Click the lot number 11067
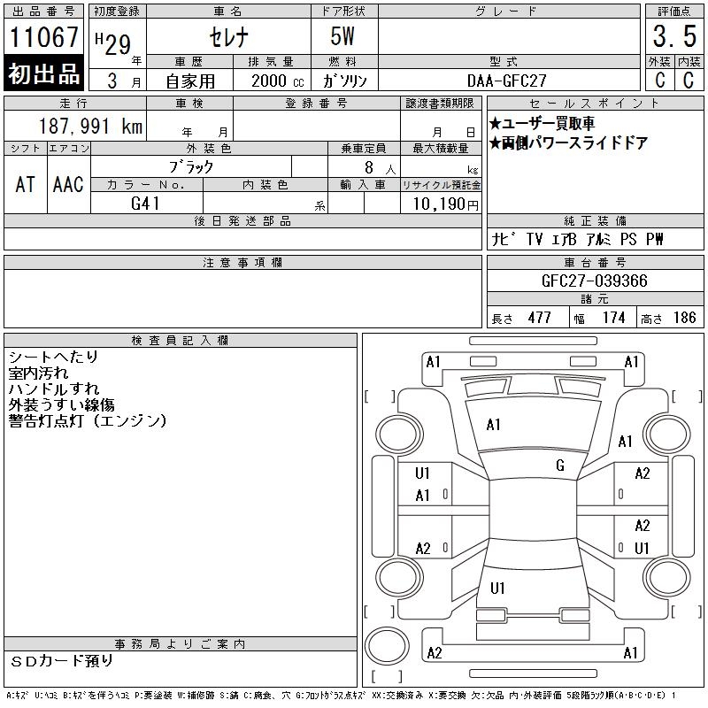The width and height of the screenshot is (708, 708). [43, 37]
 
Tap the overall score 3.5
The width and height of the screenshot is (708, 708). [674, 36]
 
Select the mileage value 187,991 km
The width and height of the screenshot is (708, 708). [90, 126]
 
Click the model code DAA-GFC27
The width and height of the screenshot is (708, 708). [506, 81]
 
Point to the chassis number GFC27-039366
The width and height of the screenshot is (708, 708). [594, 281]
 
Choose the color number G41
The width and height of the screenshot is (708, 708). [145, 204]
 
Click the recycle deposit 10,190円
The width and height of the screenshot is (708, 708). [446, 204]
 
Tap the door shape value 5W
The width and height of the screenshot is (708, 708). [342, 36]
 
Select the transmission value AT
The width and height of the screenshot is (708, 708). [26, 184]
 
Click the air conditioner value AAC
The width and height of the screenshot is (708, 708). [68, 184]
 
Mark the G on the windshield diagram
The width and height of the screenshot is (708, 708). [560, 466]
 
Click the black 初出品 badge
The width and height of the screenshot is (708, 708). [43, 73]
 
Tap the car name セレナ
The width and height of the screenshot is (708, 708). [229, 37]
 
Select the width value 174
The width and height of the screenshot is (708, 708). [613, 318]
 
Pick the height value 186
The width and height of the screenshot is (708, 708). [684, 318]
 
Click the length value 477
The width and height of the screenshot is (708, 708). [540, 318]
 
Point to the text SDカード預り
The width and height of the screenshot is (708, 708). [61, 661]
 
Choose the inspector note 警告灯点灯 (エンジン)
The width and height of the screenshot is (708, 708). [88, 421]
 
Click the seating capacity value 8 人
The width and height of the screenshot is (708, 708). [381, 168]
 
